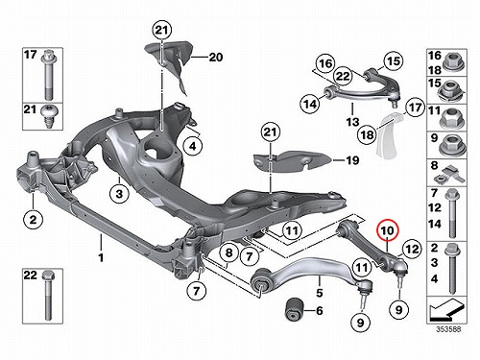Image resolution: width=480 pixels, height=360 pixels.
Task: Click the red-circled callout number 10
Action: pos(387,230)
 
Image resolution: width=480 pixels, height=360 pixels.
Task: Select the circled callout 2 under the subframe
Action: pos(34,220)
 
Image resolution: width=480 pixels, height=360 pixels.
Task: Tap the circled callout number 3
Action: pos(119,194)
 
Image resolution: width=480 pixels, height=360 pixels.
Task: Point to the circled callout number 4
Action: pos(193,146)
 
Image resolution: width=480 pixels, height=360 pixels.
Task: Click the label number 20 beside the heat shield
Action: pos(216,58)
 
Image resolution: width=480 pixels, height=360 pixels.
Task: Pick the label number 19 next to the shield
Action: pos(352,160)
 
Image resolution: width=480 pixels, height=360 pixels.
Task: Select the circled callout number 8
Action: pos(229,252)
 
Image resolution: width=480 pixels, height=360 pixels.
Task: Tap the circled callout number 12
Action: pos(412,249)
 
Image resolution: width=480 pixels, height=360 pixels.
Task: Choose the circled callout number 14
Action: pos(310,104)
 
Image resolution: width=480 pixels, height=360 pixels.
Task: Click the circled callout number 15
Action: pos(394,60)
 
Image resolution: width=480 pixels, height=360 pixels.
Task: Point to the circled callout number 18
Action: pos(368,134)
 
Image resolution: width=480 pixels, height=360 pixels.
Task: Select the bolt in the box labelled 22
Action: pos(48,295)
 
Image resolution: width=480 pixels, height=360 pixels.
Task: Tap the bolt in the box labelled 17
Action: pos(49,74)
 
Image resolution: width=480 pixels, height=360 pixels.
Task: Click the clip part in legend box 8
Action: pos(448,176)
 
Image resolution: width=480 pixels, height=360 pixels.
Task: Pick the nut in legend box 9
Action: pos(452,145)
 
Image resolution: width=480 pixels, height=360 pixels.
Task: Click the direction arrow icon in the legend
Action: pos(445,310)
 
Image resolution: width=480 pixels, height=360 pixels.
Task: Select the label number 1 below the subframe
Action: pos(101,257)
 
